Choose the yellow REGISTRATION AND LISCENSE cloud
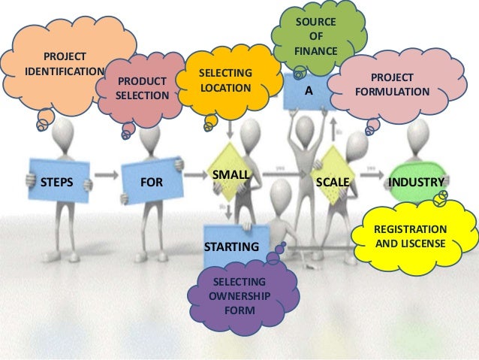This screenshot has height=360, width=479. (x=410, y=236)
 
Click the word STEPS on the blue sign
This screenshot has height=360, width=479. (x=58, y=182)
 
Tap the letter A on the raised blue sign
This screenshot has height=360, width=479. (x=307, y=91)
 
